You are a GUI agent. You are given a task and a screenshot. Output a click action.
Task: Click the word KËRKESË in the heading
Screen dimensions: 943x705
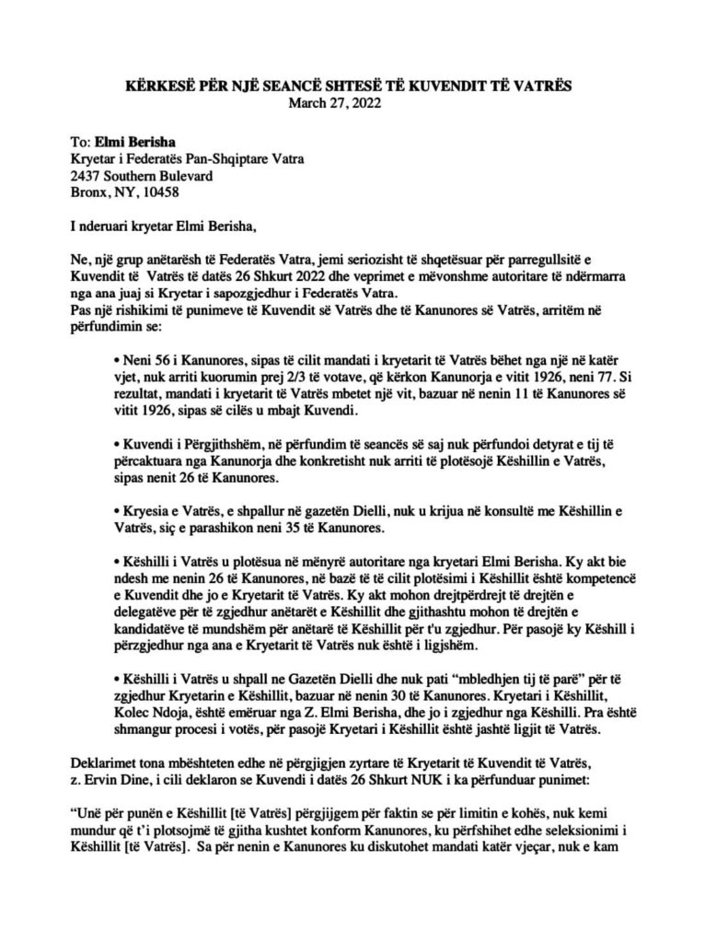coord(160,87)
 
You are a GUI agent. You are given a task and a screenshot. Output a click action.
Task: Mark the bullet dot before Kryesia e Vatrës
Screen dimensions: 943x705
coord(113,510)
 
